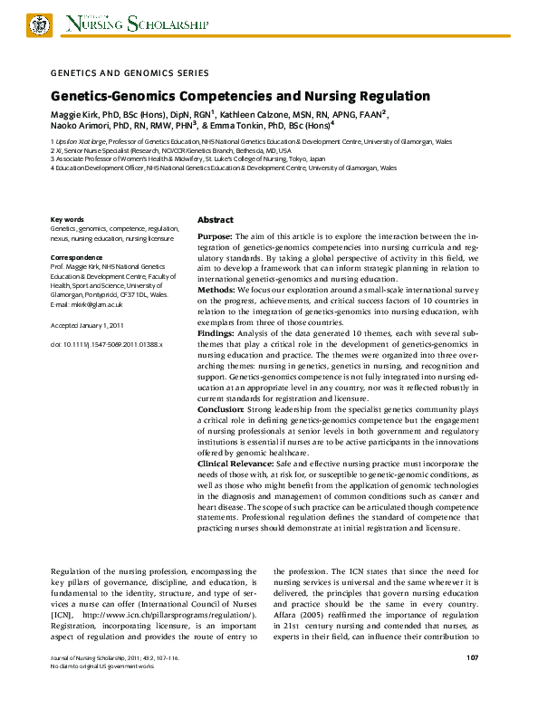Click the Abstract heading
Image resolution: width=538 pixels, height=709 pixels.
tap(216, 220)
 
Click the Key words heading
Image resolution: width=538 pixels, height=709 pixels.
tap(68, 220)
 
